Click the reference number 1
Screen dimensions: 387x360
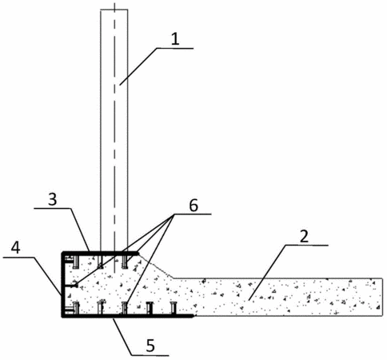pyautogui.click(x=175, y=39)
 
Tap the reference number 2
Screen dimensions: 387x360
pyautogui.click(x=304, y=236)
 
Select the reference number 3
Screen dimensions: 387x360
pyautogui.click(x=53, y=199)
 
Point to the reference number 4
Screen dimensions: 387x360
pyautogui.click(x=15, y=248)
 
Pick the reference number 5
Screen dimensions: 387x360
pyautogui.click(x=150, y=346)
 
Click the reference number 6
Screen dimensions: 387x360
pyautogui.click(x=193, y=206)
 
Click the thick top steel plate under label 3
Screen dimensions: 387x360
pyautogui.click(x=101, y=253)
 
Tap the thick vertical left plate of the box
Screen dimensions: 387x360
pyautogui.click(x=63, y=284)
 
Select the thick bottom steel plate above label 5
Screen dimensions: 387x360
pyautogui.click(x=127, y=316)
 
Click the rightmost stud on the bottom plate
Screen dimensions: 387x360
pyautogui.click(x=174, y=308)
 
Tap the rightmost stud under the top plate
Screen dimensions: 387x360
pyautogui.click(x=125, y=261)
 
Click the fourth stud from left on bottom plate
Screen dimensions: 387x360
pyautogui.click(x=150, y=308)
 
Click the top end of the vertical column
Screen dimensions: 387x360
pyautogui.click(x=114, y=10)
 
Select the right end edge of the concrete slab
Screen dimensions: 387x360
pyautogui.click(x=382, y=297)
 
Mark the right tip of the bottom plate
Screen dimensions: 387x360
pyautogui.click(x=193, y=316)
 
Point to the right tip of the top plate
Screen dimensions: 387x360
pyautogui.click(x=139, y=253)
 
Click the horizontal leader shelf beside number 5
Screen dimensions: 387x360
pyautogui.click(x=150, y=355)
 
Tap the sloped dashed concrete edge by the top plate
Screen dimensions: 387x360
pyautogui.click(x=157, y=266)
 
